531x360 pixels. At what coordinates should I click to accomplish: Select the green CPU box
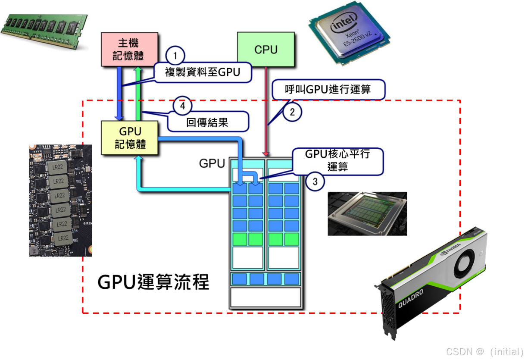pos(266,50)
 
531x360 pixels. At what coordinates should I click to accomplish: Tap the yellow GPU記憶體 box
pos(130,138)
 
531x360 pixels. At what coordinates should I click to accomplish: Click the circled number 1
pos(175,56)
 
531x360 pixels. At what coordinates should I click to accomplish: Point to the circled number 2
pos(292,113)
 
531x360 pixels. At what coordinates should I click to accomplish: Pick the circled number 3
pos(315,182)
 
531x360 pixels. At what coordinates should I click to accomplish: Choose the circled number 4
pos(183,106)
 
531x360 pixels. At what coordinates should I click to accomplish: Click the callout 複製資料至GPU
pos(202,72)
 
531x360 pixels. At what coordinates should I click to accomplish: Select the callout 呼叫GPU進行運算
pos(328,90)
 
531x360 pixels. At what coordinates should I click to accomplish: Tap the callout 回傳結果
pos(207,122)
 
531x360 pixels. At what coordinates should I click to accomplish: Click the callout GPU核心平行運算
pos(337,161)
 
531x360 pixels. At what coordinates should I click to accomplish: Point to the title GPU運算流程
pos(153,283)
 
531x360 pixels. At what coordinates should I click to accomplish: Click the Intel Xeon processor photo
pos(350,32)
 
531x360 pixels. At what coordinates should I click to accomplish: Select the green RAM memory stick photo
pos(45,30)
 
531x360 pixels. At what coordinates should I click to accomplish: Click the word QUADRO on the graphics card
pos(410,297)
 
